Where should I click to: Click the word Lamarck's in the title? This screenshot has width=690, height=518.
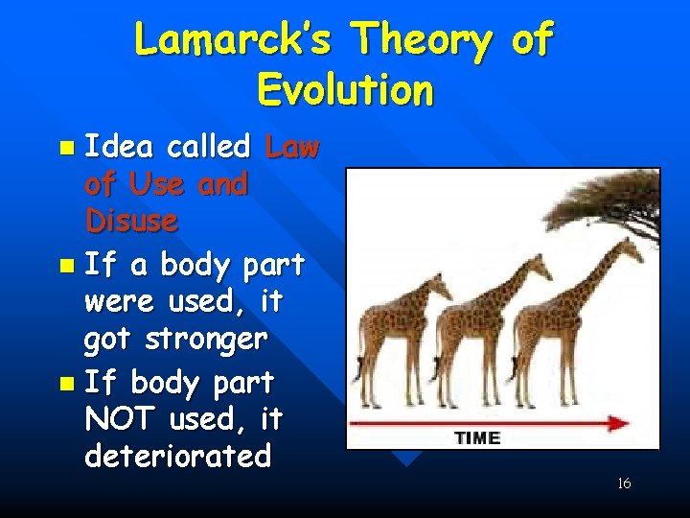(234, 40)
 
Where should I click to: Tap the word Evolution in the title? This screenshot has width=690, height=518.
(345, 90)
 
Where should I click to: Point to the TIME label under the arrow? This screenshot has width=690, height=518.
(476, 438)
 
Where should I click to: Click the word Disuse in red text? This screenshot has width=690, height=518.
(131, 222)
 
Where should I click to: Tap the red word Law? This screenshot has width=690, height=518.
(292, 147)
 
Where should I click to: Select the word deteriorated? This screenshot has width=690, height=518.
(178, 456)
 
